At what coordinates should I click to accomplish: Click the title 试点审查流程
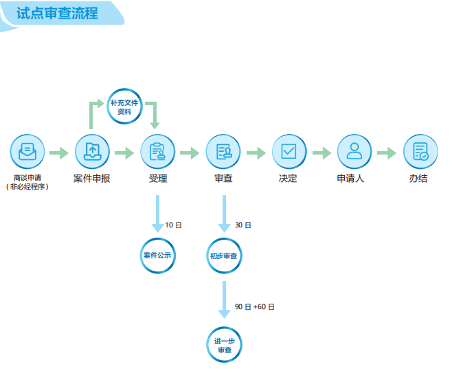(57, 13)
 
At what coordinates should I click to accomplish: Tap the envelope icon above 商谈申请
(27, 152)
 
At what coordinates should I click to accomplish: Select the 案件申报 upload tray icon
(92, 152)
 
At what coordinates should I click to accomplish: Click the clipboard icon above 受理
(158, 152)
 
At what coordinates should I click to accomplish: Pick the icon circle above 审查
(223, 152)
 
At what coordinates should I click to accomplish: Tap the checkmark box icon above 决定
(289, 152)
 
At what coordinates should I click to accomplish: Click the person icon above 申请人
(354, 152)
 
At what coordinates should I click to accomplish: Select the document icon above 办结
(420, 152)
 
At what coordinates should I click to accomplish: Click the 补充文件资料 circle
(124, 106)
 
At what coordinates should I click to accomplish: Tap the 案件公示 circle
(158, 256)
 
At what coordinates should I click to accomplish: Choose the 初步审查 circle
(224, 256)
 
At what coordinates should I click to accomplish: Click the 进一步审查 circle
(225, 346)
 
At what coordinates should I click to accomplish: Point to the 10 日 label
(174, 225)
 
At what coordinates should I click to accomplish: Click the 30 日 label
(243, 225)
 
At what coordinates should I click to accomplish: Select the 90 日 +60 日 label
(254, 307)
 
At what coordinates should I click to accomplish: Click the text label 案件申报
(92, 179)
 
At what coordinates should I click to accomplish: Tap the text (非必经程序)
(27, 187)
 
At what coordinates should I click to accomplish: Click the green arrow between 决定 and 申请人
(321, 153)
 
